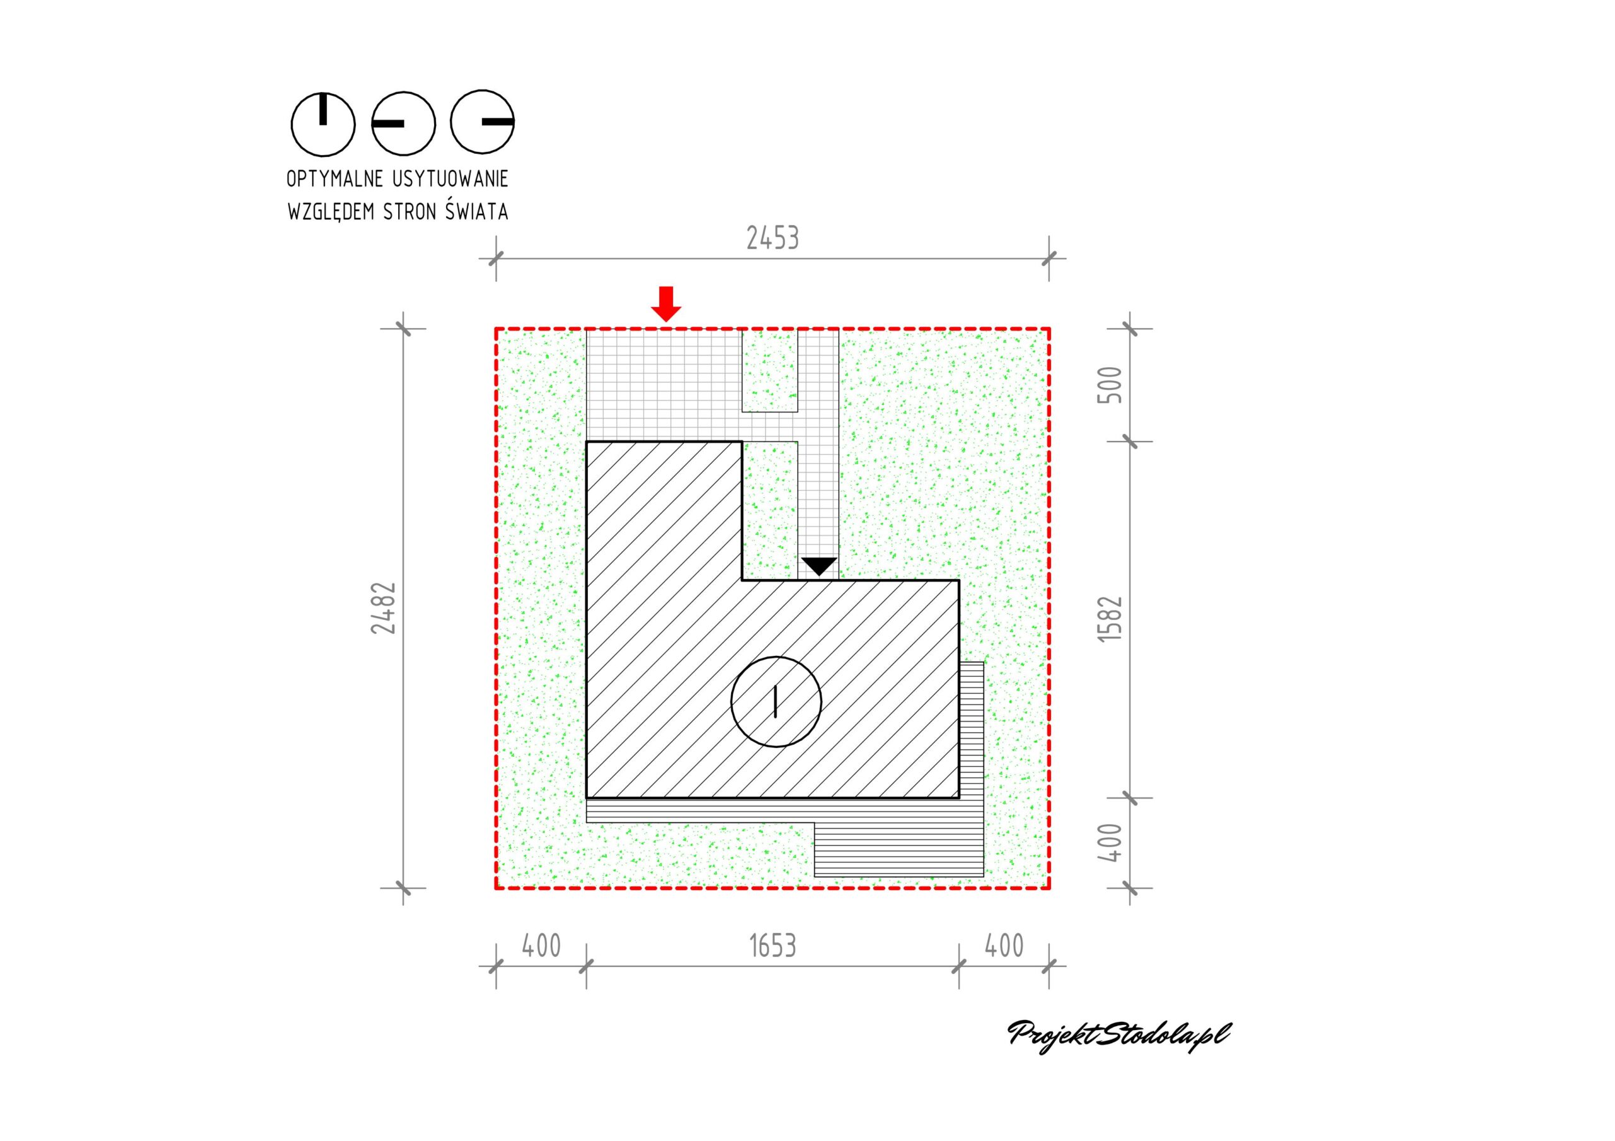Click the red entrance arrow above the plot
[x=666, y=304]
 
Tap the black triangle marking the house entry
[x=819, y=566]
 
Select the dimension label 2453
[x=772, y=238]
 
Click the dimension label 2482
[x=384, y=608]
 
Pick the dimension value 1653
[x=772, y=946]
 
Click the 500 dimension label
[x=1109, y=385]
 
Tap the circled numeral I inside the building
[x=776, y=701]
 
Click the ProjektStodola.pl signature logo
[x=1119, y=1033]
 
